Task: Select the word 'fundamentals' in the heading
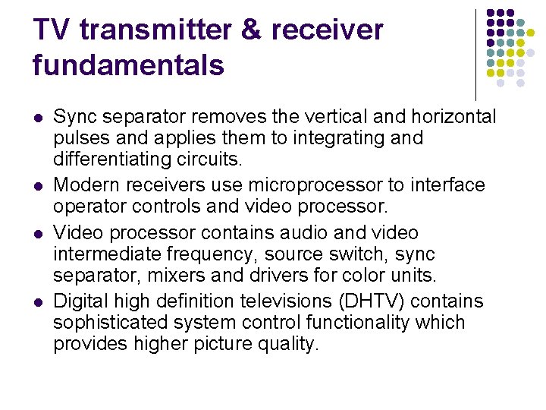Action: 128,65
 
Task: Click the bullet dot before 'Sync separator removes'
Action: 39,118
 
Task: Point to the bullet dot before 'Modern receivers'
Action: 39,185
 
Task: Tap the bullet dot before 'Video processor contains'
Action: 39,232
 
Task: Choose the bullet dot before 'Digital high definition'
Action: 39,301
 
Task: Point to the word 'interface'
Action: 452,184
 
